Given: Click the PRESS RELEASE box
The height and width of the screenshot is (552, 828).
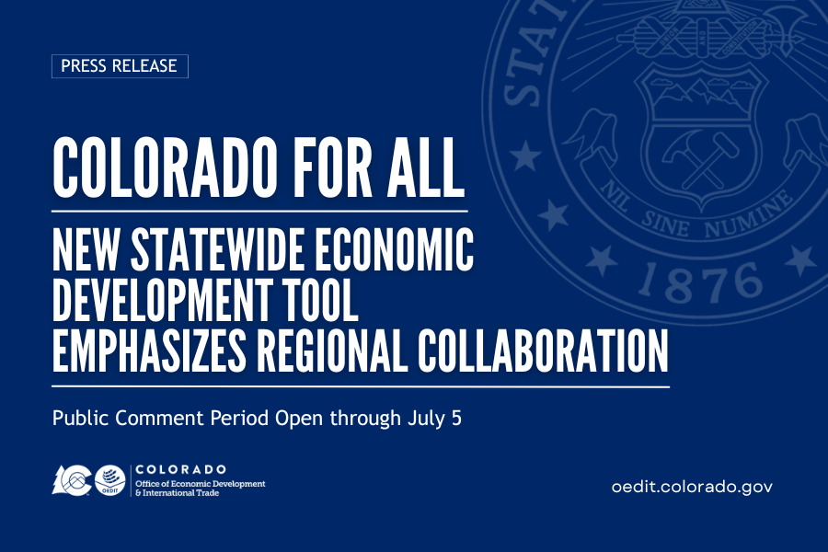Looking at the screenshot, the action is pyautogui.click(x=120, y=66).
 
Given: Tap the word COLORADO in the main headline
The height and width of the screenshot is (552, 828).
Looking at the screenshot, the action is pyautogui.click(x=165, y=167).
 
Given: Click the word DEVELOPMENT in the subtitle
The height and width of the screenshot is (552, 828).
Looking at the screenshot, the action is pyautogui.click(x=163, y=300).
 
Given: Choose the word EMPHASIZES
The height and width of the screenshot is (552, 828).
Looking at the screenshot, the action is pyautogui.click(x=149, y=351).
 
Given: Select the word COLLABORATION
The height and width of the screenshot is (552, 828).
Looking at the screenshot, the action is pyautogui.click(x=543, y=351).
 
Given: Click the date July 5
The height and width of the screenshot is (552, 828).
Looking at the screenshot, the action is pyautogui.click(x=434, y=419).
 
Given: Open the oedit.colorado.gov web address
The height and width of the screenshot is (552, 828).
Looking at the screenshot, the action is pyautogui.click(x=692, y=487).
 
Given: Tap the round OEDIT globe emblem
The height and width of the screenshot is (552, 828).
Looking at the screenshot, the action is pyautogui.click(x=109, y=480).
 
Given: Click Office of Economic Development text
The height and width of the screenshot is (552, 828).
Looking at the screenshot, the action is pyautogui.click(x=201, y=483).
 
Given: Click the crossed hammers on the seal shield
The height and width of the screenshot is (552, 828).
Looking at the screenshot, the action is pyautogui.click(x=700, y=158).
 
